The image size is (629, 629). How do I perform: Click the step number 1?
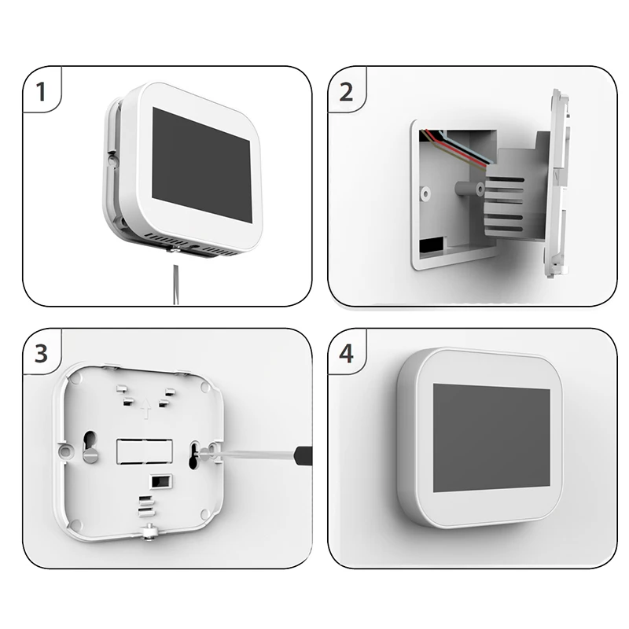pos(41,91)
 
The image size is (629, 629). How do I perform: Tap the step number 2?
pos(346,92)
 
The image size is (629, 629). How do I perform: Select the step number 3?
pos(42,353)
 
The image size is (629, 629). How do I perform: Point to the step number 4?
pos(347,354)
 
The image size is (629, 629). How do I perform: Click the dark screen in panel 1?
pos(202,164)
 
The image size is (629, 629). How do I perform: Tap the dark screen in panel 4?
pos(492,438)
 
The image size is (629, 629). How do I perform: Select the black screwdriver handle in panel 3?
pos(303,456)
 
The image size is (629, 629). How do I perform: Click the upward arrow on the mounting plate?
pos(146,408)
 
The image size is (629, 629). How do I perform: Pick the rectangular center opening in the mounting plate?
pos(145,451)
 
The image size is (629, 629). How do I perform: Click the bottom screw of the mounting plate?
pos(149,532)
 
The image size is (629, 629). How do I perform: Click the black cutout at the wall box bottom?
pos(432,245)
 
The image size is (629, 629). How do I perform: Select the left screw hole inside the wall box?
pos(425,193)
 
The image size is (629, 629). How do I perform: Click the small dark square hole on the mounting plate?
pos(161,481)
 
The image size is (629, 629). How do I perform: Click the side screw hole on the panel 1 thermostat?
pos(112,160)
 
